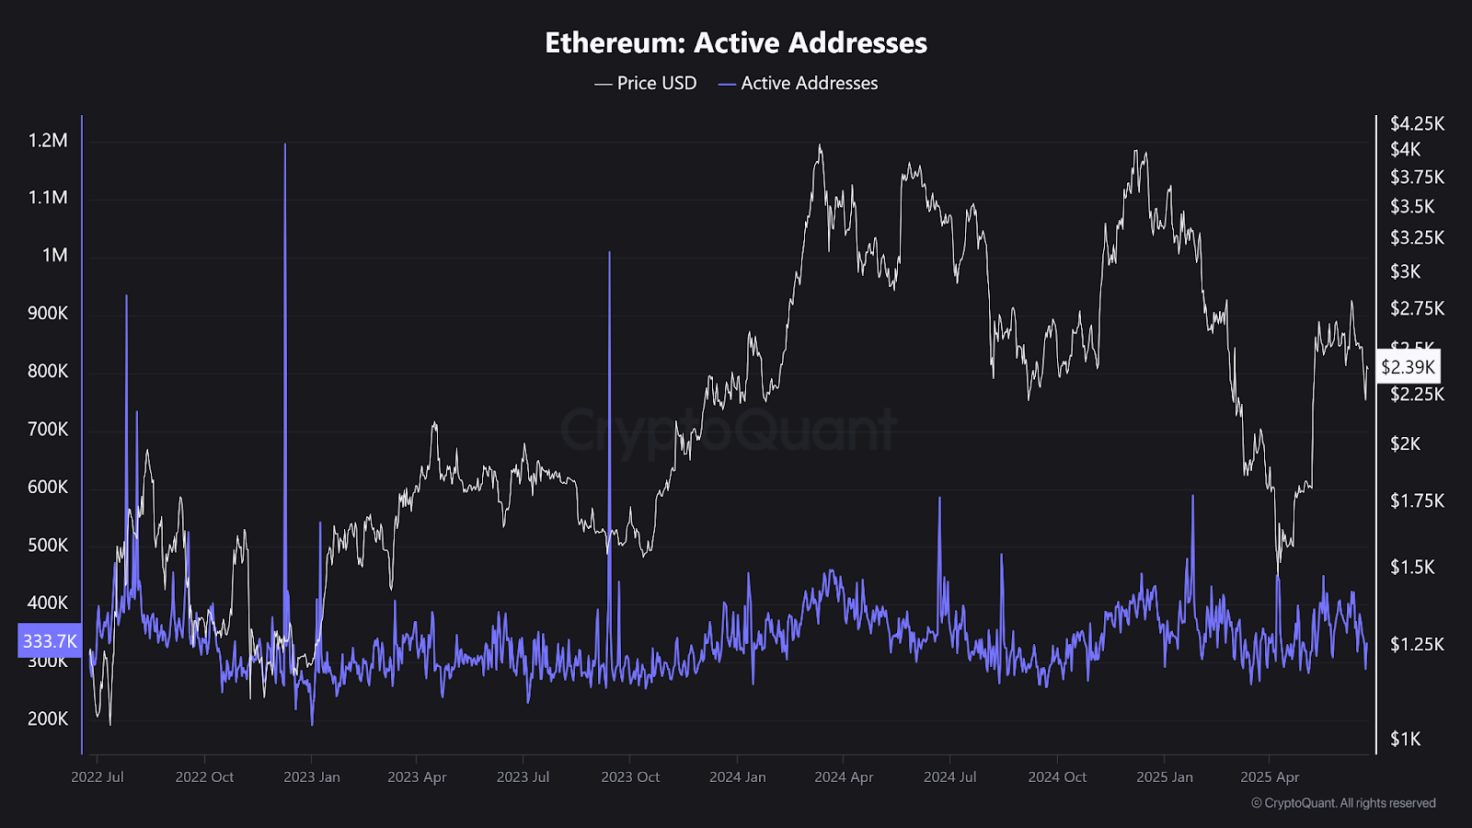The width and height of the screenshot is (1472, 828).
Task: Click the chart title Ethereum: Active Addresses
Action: coord(736,42)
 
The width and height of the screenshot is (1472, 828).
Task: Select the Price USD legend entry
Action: coord(646,83)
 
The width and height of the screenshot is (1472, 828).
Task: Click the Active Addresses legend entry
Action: coord(798,83)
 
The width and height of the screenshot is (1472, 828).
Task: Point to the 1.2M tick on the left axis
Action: coord(48,141)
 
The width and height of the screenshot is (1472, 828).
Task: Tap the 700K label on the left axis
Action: coord(48,430)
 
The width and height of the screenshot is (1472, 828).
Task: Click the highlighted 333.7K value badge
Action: coord(50,641)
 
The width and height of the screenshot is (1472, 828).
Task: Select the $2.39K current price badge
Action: coord(1408,367)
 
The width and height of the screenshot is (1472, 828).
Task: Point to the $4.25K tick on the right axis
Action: coord(1417,123)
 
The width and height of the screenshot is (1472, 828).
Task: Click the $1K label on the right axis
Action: coord(1405,739)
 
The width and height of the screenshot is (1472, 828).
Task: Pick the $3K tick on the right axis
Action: coord(1405,271)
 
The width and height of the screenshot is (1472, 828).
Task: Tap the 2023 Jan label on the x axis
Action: coord(312,777)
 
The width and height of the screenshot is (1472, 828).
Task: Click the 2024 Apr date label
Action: coord(844,777)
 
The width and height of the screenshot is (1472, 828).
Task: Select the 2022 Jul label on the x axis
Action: coord(98,777)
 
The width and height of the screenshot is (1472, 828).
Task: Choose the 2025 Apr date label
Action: coord(1270,777)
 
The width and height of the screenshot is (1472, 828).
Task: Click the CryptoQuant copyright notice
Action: coord(1343,803)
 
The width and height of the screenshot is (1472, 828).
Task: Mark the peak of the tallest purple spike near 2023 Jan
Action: coord(285,144)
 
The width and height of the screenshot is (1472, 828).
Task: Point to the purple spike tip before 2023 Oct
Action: coord(609,252)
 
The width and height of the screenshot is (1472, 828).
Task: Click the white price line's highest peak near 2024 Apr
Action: coord(819,145)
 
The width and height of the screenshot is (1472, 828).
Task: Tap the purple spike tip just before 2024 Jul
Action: coord(939,498)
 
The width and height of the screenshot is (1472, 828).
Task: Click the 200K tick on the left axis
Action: coord(48,719)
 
